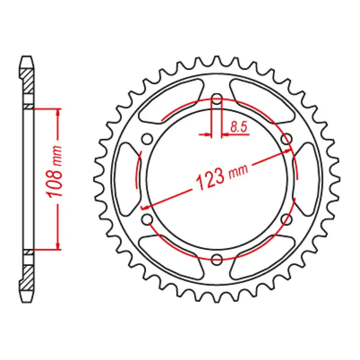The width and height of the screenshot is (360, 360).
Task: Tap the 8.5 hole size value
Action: coord(238,127)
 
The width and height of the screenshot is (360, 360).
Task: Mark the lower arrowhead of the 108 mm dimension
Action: coord(57,245)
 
